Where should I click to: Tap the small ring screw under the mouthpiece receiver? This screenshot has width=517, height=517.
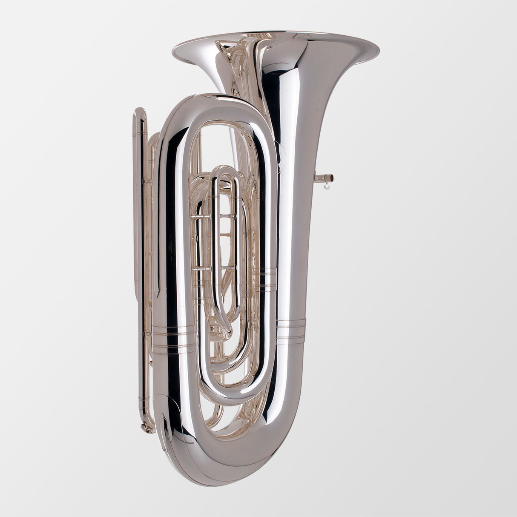click(327, 185)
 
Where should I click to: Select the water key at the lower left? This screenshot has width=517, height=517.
click(148, 427)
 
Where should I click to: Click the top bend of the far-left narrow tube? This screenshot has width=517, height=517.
click(141, 113)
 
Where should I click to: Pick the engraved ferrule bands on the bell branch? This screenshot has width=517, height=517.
click(290, 330)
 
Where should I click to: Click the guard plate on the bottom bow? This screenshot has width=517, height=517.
click(170, 426)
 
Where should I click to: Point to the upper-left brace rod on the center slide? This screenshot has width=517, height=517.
click(201, 217)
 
